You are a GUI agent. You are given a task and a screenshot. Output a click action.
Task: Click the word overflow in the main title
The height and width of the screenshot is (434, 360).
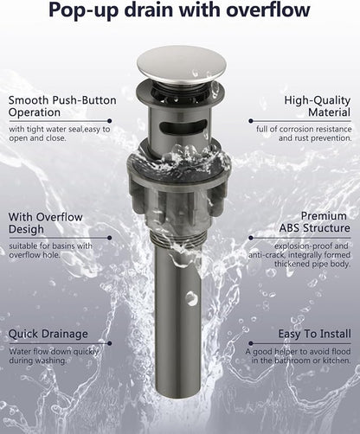click(267, 10)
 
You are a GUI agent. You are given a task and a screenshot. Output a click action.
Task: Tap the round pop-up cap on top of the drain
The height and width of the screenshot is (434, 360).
click(182, 65)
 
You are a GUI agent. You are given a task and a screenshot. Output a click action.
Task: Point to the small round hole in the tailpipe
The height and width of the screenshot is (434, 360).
click(190, 298)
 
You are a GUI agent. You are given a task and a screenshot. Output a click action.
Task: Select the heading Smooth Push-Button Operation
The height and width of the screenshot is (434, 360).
click(62, 106)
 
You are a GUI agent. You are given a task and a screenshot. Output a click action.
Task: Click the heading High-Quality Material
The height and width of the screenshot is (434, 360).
click(318, 106)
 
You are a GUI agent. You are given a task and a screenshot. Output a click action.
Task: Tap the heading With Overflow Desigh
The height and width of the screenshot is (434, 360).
click(46, 223)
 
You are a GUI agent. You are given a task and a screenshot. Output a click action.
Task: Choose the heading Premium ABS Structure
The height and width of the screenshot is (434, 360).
click(314, 222)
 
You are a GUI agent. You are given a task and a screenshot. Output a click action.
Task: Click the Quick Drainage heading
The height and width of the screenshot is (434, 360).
click(48, 334)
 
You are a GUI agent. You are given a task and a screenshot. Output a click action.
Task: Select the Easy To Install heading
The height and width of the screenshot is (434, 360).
click(314, 334)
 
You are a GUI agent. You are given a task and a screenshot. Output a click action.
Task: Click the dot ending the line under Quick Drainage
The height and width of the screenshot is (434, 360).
click(109, 343)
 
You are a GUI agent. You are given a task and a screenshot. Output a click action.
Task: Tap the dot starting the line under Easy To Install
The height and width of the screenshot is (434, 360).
click(251, 343)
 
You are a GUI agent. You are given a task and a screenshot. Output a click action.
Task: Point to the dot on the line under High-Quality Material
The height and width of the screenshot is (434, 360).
click(251, 121)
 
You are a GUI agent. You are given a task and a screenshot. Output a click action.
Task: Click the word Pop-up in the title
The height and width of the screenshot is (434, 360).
click(84, 11)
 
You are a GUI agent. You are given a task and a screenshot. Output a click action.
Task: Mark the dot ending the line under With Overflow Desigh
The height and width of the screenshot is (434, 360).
click(109, 238)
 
